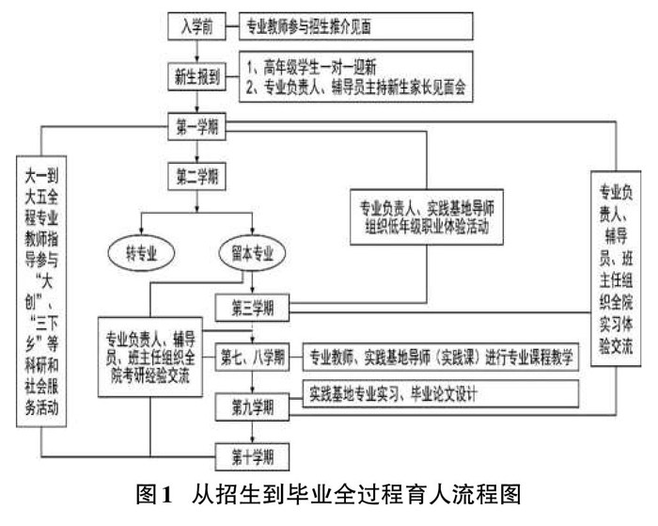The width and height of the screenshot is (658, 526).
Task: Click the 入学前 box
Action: pos(197,26)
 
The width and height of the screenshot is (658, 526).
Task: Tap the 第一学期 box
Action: pos(197,125)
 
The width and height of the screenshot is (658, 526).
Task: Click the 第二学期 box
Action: pos(197,174)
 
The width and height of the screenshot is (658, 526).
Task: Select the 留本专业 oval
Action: pos(253,253)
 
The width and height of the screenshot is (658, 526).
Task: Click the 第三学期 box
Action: pos(253,307)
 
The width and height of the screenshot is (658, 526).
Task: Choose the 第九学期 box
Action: pos(253,406)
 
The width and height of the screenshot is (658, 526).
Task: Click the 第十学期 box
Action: pos(253,457)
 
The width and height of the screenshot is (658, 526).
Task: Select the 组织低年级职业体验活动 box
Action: pos(427,215)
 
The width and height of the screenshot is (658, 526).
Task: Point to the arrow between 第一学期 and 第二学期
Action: pos(197,150)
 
